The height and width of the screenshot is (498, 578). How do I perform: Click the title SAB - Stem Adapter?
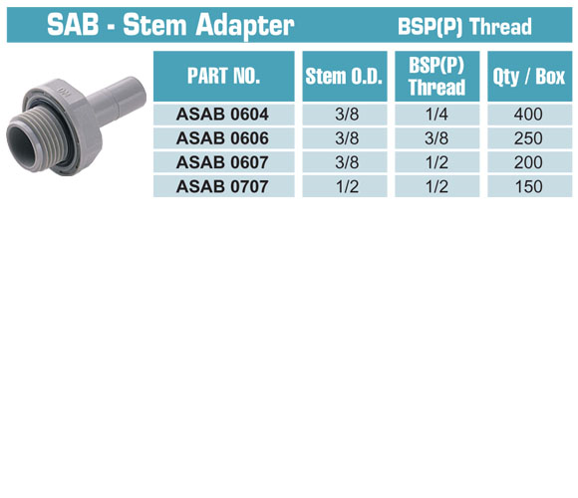point(170,25)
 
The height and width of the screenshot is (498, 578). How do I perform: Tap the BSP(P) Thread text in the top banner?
point(464,27)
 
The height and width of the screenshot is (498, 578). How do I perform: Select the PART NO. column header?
point(224,76)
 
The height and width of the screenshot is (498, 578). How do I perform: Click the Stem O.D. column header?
point(344,77)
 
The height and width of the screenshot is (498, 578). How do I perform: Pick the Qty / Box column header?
point(529,77)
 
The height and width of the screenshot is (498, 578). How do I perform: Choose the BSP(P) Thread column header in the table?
point(436,77)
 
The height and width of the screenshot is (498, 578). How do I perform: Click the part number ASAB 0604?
point(222,115)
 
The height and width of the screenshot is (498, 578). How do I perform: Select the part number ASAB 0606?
point(222,138)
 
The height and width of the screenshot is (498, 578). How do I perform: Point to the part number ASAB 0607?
point(222,162)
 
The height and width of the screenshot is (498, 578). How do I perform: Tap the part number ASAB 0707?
point(222,186)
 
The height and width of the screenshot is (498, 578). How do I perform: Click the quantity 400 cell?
point(528,115)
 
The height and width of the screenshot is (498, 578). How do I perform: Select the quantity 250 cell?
point(528,138)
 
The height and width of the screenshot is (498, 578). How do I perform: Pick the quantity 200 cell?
point(528,162)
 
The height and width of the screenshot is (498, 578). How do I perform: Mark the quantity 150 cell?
point(529,186)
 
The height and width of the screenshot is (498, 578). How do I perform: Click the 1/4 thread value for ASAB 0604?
point(436,115)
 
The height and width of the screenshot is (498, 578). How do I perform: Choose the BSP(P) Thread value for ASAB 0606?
point(436,138)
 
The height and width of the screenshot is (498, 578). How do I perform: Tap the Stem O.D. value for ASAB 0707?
point(347,186)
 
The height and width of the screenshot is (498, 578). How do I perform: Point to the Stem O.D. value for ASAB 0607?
point(347,162)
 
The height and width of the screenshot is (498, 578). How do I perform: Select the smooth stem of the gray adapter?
point(118,99)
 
